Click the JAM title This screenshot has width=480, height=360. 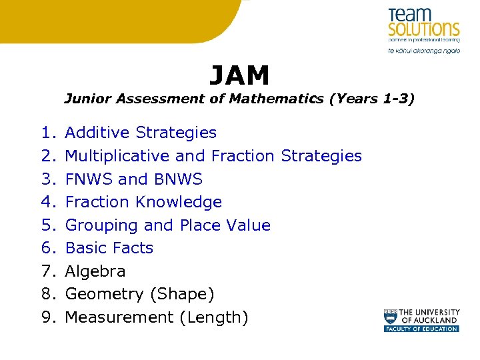click(x=239, y=76)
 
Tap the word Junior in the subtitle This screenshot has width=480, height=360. click(x=87, y=99)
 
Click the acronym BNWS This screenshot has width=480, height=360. click(x=178, y=179)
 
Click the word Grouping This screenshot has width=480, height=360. click(x=101, y=225)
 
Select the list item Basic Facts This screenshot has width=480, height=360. click(x=109, y=248)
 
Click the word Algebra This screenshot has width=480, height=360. click(x=95, y=271)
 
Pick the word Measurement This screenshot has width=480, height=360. click(x=119, y=317)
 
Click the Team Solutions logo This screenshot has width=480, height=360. click(x=423, y=30)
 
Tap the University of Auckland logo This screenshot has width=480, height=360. click(x=421, y=320)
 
